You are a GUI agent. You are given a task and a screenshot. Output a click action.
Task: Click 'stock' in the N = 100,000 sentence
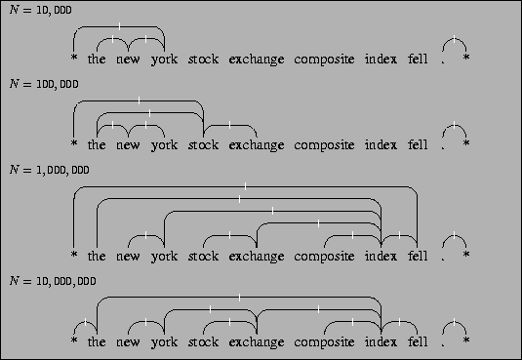pos(203,145)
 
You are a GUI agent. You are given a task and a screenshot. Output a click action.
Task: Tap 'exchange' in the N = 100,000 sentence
pos(257,145)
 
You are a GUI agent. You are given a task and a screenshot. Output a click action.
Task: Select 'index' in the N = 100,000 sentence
pos(381,145)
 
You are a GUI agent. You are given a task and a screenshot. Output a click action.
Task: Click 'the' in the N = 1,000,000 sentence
pos(97,257)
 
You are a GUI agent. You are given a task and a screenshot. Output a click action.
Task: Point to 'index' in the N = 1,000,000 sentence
pos(381,257)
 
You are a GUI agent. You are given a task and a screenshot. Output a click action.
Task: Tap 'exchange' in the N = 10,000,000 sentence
pos(257,342)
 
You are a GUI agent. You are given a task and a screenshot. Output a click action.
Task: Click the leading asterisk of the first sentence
pos(74,61)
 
